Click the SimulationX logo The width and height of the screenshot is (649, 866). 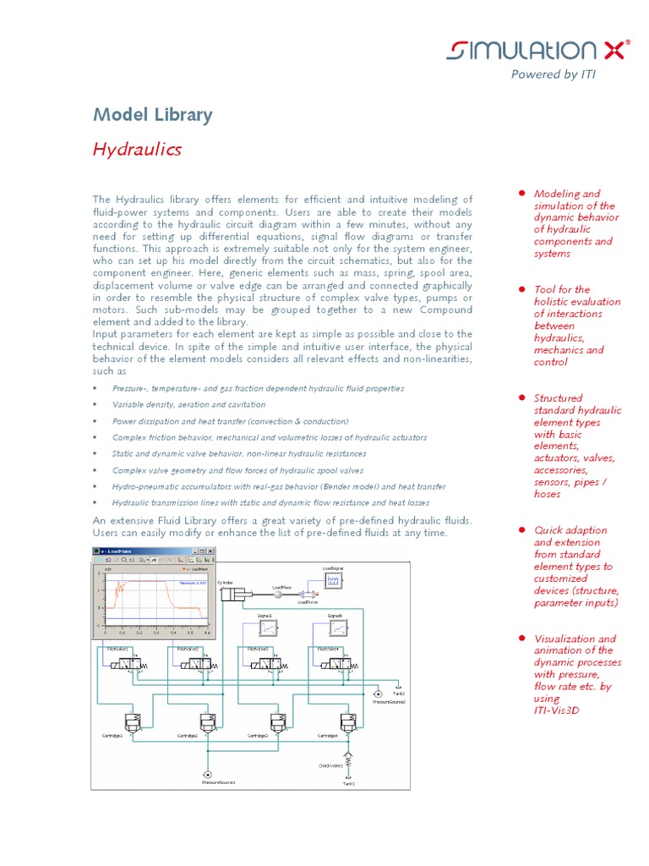(x=538, y=52)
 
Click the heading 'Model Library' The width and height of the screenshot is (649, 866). (x=152, y=115)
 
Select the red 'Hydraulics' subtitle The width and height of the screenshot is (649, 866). (x=136, y=150)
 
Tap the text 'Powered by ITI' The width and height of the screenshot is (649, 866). (x=553, y=74)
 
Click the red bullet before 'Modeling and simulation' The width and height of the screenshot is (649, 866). (x=523, y=194)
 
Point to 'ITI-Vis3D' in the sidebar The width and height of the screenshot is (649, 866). (x=557, y=710)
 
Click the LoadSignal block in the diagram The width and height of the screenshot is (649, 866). (x=332, y=581)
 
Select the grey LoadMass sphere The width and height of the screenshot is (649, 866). (x=280, y=595)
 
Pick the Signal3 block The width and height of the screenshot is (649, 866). (x=268, y=628)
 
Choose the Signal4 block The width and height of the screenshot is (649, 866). (x=337, y=628)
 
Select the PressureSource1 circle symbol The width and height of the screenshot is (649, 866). (x=206, y=774)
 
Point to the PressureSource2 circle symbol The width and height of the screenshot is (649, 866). (x=377, y=693)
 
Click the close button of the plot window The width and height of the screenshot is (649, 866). (x=211, y=551)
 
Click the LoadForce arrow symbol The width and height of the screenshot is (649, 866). (x=307, y=595)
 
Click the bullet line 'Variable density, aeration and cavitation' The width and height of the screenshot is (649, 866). (x=188, y=405)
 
